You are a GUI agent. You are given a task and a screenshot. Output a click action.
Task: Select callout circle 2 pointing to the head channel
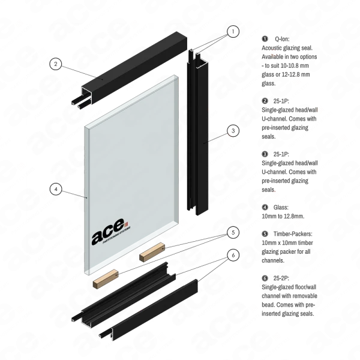55,63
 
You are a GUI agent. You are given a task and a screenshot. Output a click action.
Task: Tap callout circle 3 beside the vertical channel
233,130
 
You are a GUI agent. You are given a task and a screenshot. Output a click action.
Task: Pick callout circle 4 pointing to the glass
55,190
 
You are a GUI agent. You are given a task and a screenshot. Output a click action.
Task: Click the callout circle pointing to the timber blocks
233,233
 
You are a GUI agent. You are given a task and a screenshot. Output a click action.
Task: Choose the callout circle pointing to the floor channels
233,256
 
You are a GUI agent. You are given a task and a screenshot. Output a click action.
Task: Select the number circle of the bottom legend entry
265,278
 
